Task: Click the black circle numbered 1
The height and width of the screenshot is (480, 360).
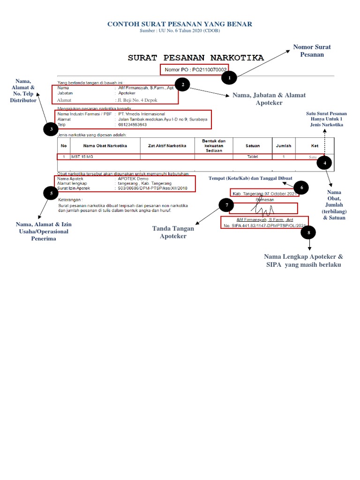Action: coord(229,77)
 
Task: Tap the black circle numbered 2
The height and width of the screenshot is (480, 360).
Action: coord(182,84)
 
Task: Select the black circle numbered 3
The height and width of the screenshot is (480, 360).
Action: coord(51,129)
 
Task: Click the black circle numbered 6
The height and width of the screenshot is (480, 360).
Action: coord(301,188)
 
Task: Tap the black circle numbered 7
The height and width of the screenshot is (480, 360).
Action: coord(226,205)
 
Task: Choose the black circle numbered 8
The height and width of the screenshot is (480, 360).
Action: coord(308,232)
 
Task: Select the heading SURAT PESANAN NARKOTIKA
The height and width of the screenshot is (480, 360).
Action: coord(196,58)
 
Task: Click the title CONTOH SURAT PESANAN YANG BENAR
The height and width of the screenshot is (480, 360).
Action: coord(180,24)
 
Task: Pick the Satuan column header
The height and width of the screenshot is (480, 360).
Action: coord(253,146)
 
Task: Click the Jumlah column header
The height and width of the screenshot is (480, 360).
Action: coord(284,146)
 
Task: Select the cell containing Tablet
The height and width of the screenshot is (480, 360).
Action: coord(253,157)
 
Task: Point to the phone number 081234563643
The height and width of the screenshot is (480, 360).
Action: coord(133,125)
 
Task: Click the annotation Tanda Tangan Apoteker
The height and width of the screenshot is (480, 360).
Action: coord(173,232)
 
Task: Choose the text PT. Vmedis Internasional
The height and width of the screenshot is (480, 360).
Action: coord(142,114)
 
